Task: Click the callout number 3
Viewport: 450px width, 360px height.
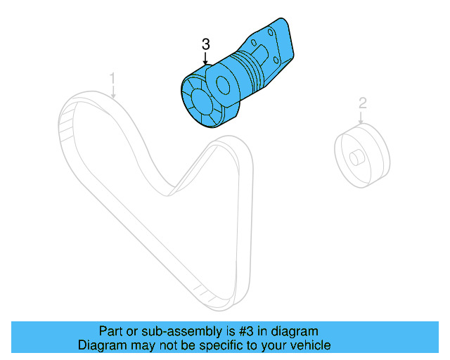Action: tap(205, 44)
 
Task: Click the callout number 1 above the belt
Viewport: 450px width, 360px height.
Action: tap(112, 77)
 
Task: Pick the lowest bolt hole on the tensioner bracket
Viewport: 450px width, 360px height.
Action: tap(271, 67)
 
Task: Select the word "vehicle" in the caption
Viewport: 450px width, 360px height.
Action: tap(309, 345)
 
